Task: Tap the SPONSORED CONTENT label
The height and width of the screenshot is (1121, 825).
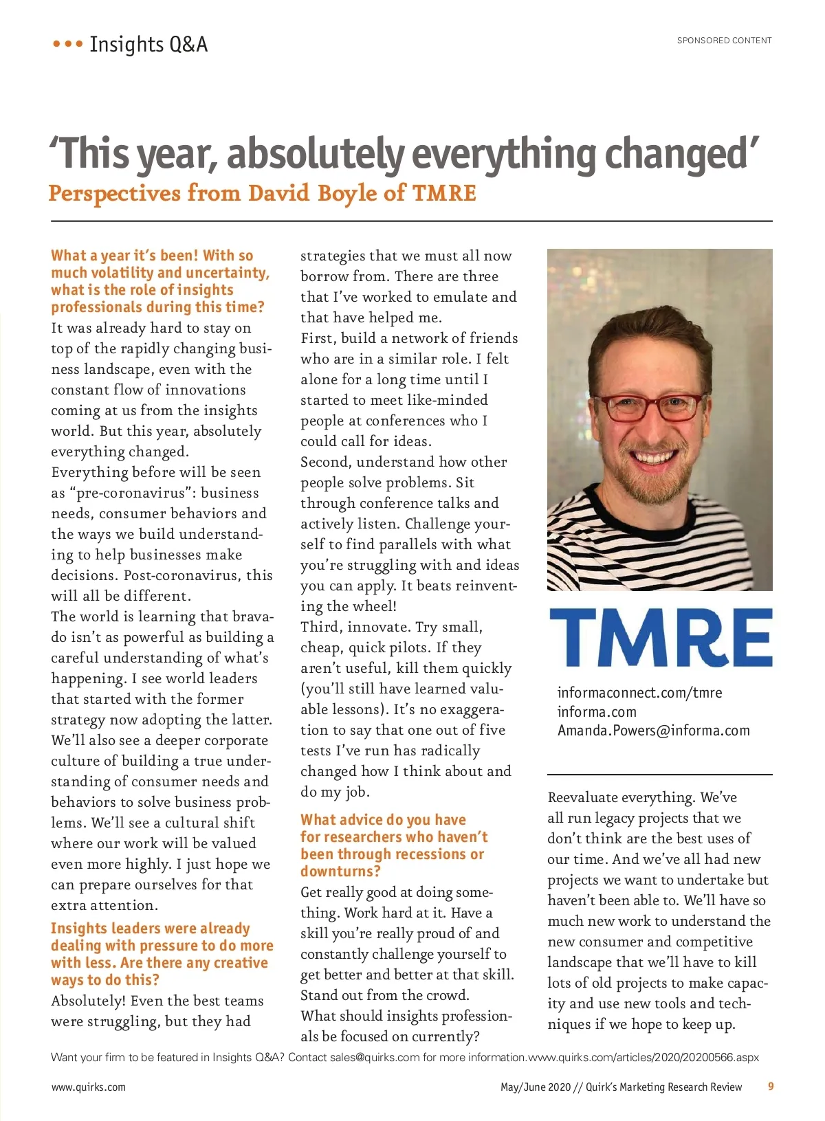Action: tap(724, 41)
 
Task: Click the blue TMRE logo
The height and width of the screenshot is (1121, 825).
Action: tap(660, 638)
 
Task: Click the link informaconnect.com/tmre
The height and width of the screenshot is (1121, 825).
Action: tap(639, 693)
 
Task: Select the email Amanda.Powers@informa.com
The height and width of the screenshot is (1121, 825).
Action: tap(653, 731)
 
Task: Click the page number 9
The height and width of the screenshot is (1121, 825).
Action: tap(771, 1087)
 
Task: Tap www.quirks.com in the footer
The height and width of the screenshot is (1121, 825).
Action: tap(89, 1087)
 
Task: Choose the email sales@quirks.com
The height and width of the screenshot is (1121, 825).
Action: tap(374, 1058)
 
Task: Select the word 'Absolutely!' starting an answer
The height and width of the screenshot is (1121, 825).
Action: tap(88, 1001)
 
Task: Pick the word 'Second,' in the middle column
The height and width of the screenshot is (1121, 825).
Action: tap(326, 462)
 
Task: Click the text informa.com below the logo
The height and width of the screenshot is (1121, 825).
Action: tap(597, 712)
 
